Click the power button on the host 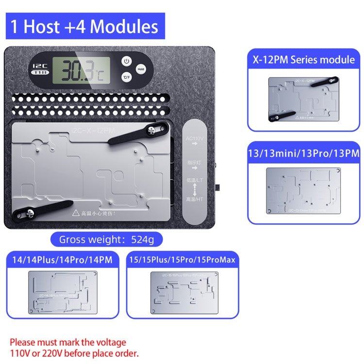pos(126,61)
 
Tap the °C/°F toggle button pos(126,77)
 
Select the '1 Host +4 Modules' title pos(85,26)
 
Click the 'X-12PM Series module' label pos(303,60)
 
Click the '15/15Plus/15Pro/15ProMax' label pos(182,260)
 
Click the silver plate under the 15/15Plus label pos(182,292)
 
